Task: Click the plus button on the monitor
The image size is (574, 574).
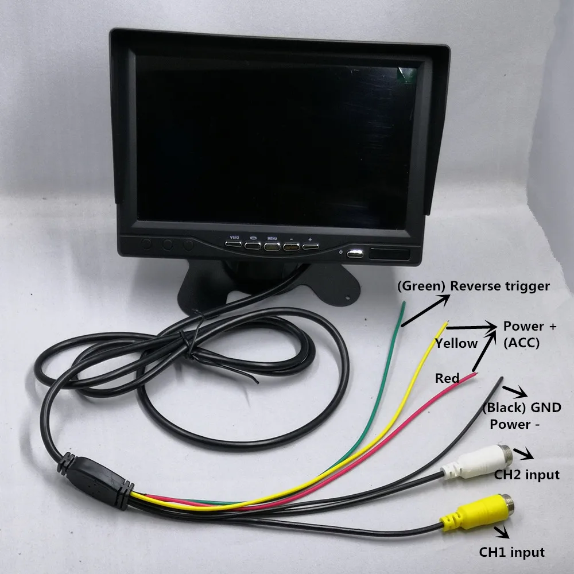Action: coord(310,247)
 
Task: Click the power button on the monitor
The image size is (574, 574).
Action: coord(354,253)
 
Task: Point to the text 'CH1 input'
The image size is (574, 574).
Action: coord(511,552)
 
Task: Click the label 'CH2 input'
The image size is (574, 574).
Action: coord(526,475)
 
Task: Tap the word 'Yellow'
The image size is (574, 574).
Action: coord(456,344)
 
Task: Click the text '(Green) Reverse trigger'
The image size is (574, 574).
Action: coord(473,285)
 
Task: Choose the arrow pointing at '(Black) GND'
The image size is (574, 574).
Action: coord(518,392)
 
